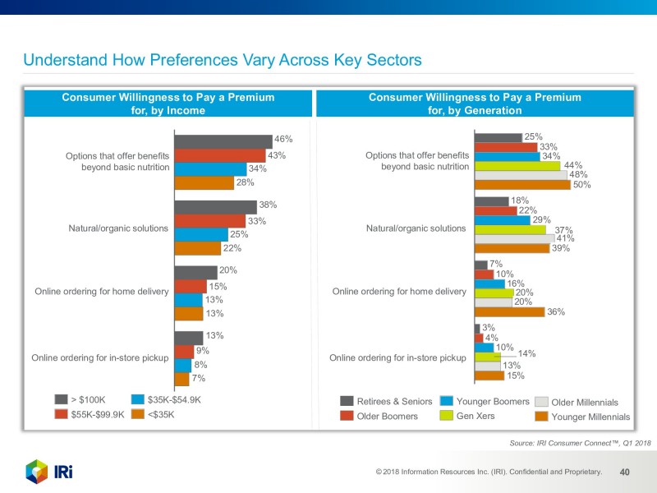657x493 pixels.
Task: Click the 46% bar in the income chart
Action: pyautogui.click(x=223, y=142)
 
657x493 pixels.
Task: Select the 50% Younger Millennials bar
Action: pyautogui.click(x=523, y=185)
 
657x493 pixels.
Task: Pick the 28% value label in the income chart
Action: pyautogui.click(x=245, y=182)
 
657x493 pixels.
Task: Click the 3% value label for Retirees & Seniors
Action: pyautogui.click(x=488, y=328)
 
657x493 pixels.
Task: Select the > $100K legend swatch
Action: pyautogui.click(x=61, y=400)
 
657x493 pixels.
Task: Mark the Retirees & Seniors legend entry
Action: pyautogui.click(x=386, y=401)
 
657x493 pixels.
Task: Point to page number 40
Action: pyautogui.click(x=624, y=472)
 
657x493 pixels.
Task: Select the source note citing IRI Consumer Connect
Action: pyautogui.click(x=580, y=443)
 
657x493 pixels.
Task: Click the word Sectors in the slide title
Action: pyautogui.click(x=385, y=61)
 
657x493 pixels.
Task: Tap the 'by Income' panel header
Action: pyautogui.click(x=168, y=104)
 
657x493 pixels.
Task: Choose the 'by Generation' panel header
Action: pyautogui.click(x=475, y=104)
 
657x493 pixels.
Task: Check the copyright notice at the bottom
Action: pyautogui.click(x=488, y=472)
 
